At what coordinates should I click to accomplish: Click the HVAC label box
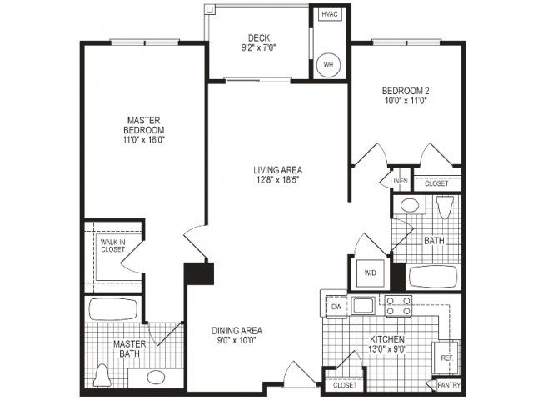(330, 14)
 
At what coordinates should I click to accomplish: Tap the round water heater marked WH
(328, 65)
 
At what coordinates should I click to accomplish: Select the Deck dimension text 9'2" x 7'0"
(258, 47)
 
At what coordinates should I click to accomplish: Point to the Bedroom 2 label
(406, 91)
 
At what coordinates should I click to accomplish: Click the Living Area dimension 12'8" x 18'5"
(277, 180)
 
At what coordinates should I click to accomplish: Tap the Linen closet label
(399, 181)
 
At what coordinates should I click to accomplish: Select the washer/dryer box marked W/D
(370, 272)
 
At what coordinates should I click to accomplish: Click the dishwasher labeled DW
(336, 306)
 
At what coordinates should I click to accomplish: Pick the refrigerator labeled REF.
(446, 357)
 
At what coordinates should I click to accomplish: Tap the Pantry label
(449, 385)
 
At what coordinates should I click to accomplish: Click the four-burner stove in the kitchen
(398, 306)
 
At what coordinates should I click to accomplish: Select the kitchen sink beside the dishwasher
(363, 306)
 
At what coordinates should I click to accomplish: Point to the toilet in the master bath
(102, 375)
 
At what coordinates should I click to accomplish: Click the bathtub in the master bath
(113, 309)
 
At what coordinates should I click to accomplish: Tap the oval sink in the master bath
(157, 377)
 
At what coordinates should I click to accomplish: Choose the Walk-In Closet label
(113, 246)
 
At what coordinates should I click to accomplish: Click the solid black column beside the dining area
(199, 273)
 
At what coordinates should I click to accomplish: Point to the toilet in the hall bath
(445, 207)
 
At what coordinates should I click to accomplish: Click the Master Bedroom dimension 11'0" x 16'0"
(144, 139)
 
